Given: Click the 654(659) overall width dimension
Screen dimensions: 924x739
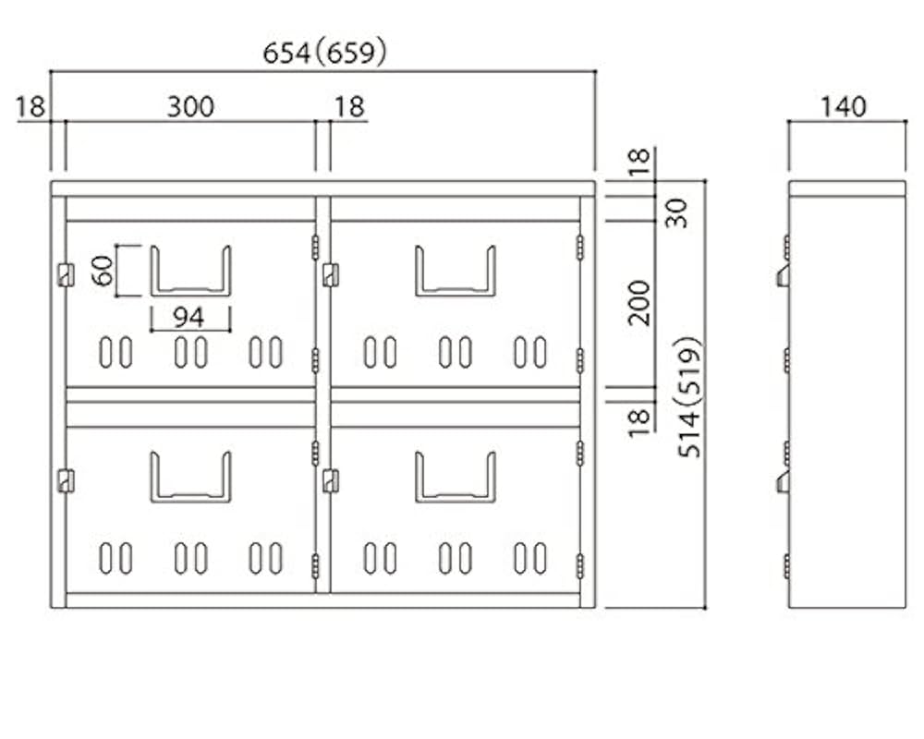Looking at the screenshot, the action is coord(324,53).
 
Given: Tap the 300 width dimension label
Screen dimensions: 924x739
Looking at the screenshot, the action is coord(190,106).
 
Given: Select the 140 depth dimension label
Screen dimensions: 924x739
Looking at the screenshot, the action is coord(844,106).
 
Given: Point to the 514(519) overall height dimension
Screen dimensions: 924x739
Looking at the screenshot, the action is coord(690,397).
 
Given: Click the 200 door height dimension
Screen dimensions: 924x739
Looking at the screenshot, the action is coord(638,303).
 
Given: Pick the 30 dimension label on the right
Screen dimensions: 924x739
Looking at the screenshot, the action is coord(677,213).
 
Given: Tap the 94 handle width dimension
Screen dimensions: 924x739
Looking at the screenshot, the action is coord(189,318).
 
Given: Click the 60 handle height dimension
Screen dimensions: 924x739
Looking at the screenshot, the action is coord(103,271).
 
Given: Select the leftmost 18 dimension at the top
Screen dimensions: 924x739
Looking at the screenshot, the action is coord(30,106).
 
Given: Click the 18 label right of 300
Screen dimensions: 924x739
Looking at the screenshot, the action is coord(350,106).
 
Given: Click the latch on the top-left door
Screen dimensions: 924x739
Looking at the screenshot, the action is coord(66,275).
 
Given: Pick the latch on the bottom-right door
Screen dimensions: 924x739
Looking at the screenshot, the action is coord(331,481).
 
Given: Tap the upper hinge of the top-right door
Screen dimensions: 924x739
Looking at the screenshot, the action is coord(580,247).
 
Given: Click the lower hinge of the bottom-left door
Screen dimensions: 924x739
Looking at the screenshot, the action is coord(315,566).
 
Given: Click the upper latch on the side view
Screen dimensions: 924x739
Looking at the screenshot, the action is coord(784,276).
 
